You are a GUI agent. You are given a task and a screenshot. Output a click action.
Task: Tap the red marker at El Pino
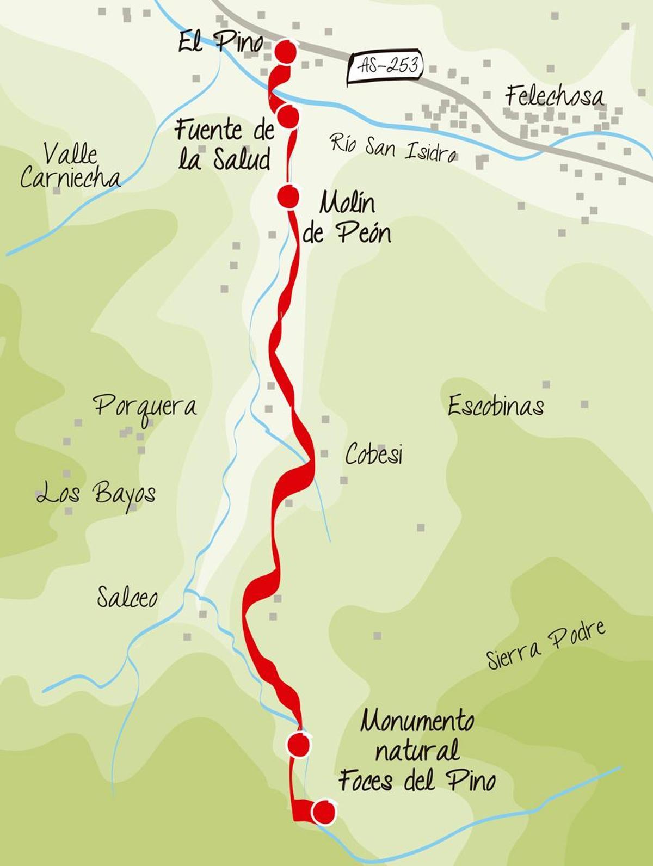[285, 51]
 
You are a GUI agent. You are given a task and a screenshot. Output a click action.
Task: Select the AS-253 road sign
[385, 66]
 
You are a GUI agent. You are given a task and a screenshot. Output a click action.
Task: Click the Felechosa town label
[554, 96]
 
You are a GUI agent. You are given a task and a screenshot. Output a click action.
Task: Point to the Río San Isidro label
[393, 148]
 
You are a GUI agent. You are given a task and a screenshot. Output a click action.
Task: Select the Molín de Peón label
[347, 219]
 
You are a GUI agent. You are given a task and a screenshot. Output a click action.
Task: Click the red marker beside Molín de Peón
[288, 196]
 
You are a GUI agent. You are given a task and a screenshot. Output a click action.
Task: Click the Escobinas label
[495, 406]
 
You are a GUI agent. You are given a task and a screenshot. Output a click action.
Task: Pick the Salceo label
[127, 597]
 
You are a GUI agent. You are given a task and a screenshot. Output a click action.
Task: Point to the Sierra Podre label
[546, 646]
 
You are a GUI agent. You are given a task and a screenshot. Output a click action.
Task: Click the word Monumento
[417, 722]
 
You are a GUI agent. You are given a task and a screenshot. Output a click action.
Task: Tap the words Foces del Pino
[417, 781]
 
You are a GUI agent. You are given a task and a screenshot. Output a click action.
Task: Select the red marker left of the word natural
[298, 745]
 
